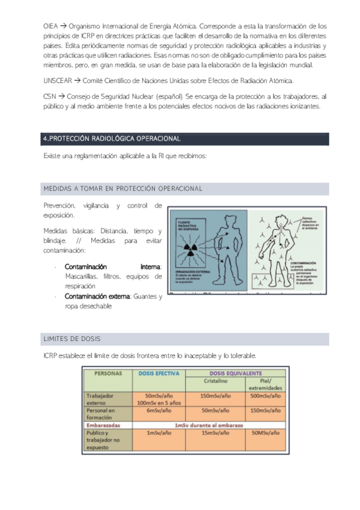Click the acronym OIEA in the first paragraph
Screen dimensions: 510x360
pos(51,26)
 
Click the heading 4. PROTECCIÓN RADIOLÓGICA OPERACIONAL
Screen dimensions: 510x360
pos(112,139)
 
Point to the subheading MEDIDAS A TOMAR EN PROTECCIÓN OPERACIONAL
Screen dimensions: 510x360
pos(123,189)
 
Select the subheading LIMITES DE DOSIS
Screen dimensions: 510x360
pos(72,340)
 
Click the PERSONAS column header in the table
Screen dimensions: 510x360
pos(108,373)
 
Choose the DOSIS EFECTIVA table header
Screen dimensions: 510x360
pos(159,373)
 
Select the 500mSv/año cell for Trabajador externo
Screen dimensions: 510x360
pos(264,396)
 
